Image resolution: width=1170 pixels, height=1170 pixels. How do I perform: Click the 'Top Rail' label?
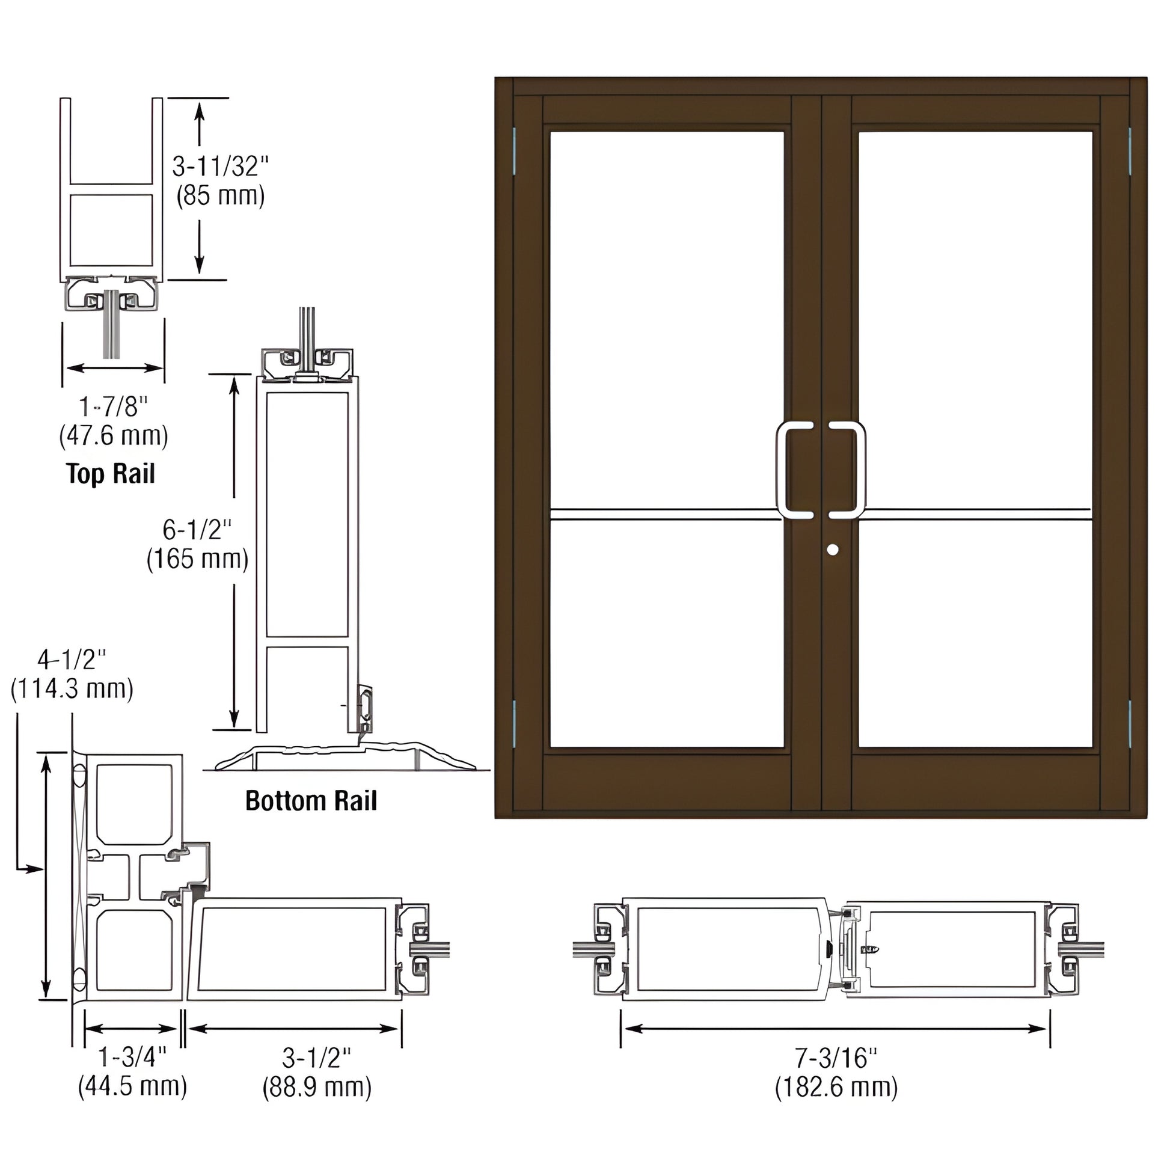tap(110, 474)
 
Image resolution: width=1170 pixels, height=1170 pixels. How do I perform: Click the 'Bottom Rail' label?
tap(311, 801)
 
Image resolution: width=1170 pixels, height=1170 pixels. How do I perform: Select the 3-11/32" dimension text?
tap(221, 166)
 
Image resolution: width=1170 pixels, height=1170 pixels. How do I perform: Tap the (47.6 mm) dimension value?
tap(113, 436)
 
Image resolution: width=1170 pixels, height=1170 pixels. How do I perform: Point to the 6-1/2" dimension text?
tap(197, 530)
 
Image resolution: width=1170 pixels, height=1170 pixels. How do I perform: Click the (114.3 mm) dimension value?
tap(72, 688)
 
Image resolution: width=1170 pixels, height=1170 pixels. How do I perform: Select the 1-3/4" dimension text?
tap(132, 1058)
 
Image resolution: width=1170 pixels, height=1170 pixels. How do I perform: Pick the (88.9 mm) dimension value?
tap(317, 1087)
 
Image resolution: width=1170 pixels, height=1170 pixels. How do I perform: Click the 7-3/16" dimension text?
tap(836, 1058)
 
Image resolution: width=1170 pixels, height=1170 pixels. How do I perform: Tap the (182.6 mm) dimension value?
tap(836, 1087)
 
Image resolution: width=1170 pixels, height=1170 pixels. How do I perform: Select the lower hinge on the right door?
tap(1130, 723)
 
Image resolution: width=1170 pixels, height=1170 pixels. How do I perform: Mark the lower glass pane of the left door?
tap(666, 633)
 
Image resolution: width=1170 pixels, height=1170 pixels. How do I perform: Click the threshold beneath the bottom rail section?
tap(345, 757)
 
